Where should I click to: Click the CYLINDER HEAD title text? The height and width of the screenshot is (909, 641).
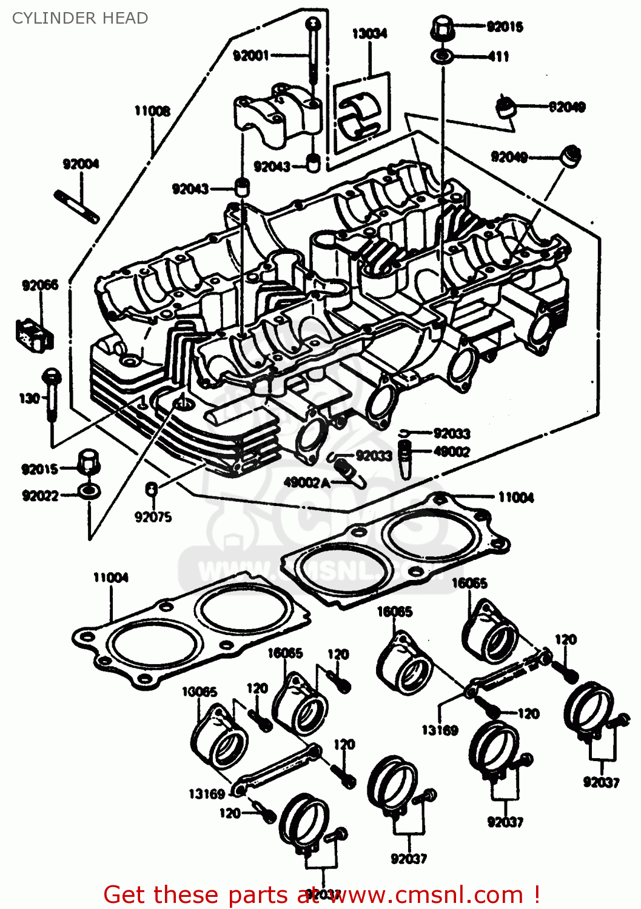click(x=80, y=18)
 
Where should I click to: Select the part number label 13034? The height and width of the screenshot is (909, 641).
click(x=369, y=33)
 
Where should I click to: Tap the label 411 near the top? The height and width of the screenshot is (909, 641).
click(x=498, y=56)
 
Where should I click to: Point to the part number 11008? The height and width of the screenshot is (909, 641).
click(x=152, y=110)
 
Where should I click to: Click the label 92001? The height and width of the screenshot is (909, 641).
click(x=250, y=56)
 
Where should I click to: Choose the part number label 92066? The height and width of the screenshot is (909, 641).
click(x=40, y=285)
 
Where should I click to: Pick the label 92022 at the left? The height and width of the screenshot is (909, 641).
click(x=40, y=496)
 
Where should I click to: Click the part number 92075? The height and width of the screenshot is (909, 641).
click(x=153, y=517)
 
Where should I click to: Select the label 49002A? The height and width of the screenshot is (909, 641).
click(x=307, y=482)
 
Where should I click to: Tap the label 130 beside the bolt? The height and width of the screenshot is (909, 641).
click(x=29, y=398)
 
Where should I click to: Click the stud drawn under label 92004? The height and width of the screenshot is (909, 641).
click(x=77, y=207)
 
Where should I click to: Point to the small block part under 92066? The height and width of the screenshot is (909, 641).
click(x=35, y=334)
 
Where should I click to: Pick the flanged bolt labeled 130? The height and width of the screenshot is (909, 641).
click(x=52, y=394)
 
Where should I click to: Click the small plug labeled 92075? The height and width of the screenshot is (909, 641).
click(x=152, y=488)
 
